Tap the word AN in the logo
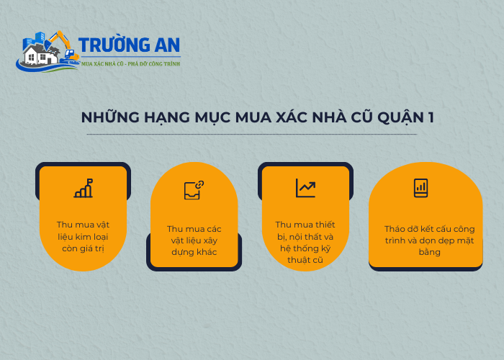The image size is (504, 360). click(x=164, y=46)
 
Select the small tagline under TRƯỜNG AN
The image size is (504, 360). click(x=130, y=64)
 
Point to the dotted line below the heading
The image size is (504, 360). click(x=251, y=135)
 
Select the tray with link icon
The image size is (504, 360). click(x=194, y=190)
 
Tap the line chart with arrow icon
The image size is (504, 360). click(x=305, y=188)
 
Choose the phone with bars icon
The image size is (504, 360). click(x=420, y=188)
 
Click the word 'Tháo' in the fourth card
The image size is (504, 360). click(x=396, y=229)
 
